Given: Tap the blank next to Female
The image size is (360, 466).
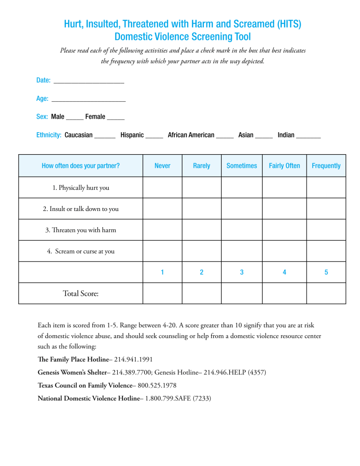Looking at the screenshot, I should [116, 118].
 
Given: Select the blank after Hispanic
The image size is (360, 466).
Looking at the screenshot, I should [154, 136].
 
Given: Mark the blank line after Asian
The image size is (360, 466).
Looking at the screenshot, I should [264, 136].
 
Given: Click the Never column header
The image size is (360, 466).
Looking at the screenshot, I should [162, 166].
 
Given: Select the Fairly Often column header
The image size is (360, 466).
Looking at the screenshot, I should [284, 166].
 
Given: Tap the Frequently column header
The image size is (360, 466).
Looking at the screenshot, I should [326, 166].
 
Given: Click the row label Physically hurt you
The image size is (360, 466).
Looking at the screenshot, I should [81, 188].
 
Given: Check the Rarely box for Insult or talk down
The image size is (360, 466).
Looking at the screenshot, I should [201, 209].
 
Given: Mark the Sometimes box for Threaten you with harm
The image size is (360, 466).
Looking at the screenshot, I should [241, 230].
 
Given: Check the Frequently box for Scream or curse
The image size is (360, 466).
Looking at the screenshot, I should [326, 251].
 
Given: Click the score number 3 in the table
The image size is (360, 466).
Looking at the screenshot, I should [241, 272].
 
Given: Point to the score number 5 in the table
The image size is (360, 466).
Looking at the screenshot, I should [326, 272].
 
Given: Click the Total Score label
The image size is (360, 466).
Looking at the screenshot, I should [81, 294].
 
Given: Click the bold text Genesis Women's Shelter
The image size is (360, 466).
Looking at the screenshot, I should [74, 373].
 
